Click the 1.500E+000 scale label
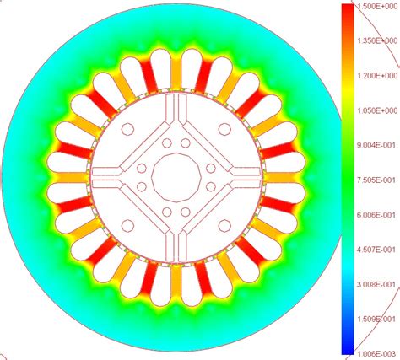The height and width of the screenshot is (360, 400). pyautogui.click(x=377, y=7)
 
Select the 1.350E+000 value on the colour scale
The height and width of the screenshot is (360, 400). pyautogui.click(x=377, y=41)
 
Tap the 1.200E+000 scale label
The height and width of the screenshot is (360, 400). pyautogui.click(x=377, y=76)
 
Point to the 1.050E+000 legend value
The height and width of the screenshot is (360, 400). pyautogui.click(x=377, y=110)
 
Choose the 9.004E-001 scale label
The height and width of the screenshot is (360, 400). pyautogui.click(x=376, y=145)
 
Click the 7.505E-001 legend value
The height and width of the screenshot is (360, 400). pyautogui.click(x=376, y=180)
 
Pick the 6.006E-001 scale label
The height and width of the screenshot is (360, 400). pyautogui.click(x=376, y=215)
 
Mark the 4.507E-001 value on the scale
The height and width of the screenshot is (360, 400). pyautogui.click(x=376, y=250)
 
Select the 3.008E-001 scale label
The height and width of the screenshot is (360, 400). pyautogui.click(x=376, y=284)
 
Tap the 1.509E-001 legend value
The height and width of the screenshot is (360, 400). pyautogui.click(x=376, y=320)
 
